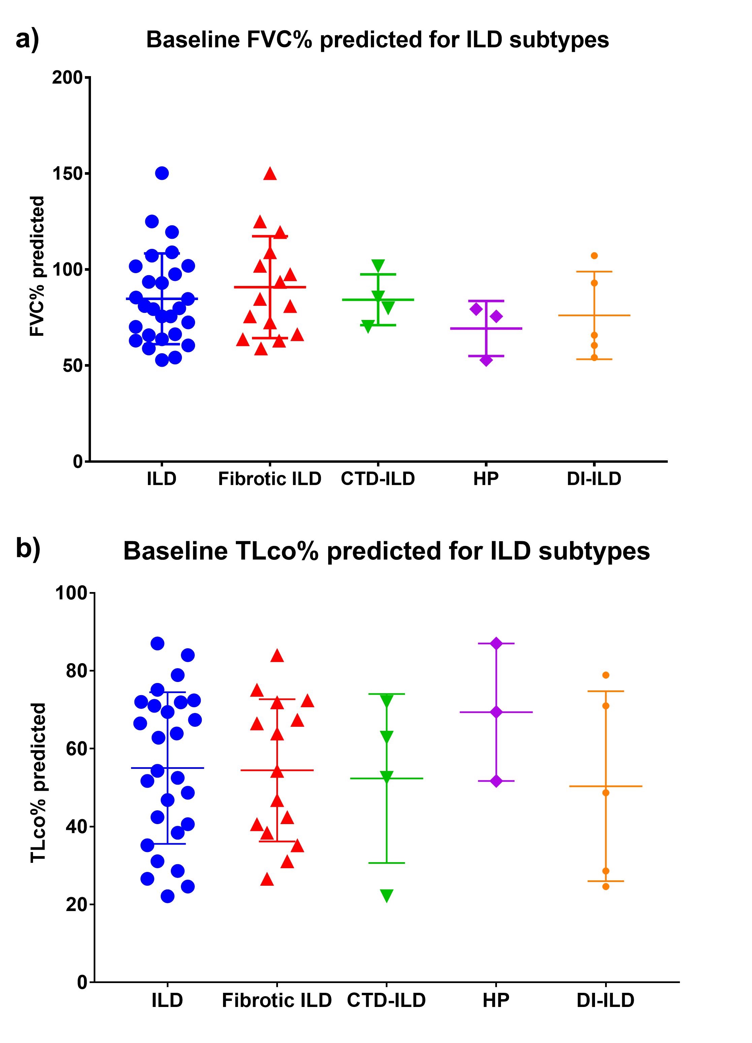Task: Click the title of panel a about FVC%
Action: [x=377, y=40]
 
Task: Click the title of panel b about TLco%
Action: [x=386, y=551]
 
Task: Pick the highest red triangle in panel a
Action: [x=270, y=174]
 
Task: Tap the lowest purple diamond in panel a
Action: [x=486, y=360]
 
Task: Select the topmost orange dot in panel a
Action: [x=594, y=256]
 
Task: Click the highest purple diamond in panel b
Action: [x=496, y=643]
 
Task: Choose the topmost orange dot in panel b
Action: [x=606, y=675]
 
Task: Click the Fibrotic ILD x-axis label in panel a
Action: [x=270, y=479]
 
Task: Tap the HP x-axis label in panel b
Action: [x=496, y=1000]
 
